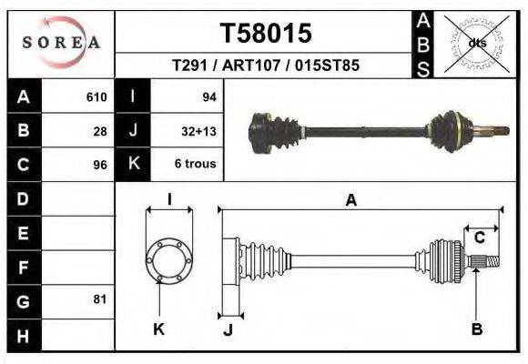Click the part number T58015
[266, 34]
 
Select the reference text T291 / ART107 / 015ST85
[265, 66]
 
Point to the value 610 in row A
[96, 96]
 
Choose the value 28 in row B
[100, 131]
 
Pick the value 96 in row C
[100, 166]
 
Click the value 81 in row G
[100, 299]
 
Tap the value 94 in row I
[208, 96]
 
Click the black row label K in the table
[133, 165]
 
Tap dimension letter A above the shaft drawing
[350, 202]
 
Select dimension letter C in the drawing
[479, 238]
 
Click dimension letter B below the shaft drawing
[476, 329]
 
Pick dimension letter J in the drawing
[228, 330]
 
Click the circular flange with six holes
[169, 260]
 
